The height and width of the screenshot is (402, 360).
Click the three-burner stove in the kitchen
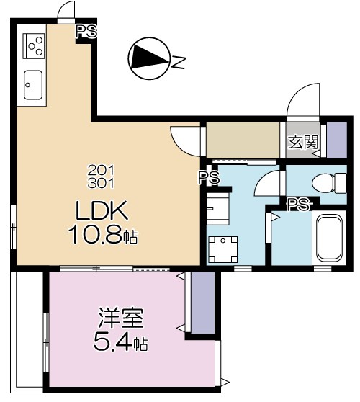[x=34, y=45]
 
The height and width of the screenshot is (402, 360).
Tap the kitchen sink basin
[x=33, y=85]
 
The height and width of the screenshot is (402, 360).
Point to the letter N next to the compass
[x=177, y=64]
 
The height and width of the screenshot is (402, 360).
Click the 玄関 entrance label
[x=303, y=141]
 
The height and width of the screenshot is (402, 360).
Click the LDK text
[x=102, y=212]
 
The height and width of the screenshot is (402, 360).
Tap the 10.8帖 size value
[x=103, y=234]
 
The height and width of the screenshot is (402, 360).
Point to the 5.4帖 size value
[x=120, y=343]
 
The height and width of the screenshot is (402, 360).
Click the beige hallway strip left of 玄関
[x=243, y=140]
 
